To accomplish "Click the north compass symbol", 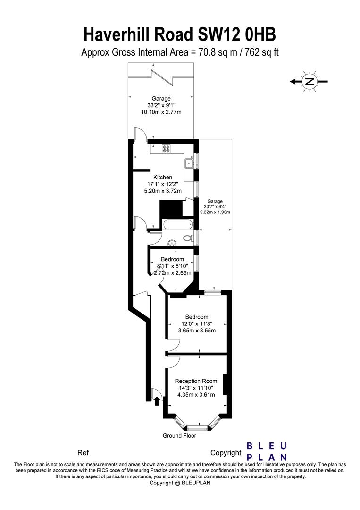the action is [x=309, y=81].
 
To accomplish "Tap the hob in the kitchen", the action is [x=167, y=149].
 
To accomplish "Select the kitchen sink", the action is [x=189, y=163].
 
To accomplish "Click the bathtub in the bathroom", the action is [x=177, y=224].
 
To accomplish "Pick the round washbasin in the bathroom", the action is [x=172, y=242].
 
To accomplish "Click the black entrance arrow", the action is [x=157, y=400].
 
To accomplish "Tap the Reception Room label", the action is [x=196, y=381].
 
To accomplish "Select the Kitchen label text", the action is [x=163, y=177].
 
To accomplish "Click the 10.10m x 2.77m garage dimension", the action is [x=161, y=112].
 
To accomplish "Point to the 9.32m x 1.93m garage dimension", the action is [x=215, y=212].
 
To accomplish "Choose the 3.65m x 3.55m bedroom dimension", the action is [x=197, y=331].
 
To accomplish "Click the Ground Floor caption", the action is [x=179, y=435].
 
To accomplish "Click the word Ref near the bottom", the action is [x=83, y=452].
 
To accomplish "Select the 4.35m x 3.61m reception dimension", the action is [x=196, y=395].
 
